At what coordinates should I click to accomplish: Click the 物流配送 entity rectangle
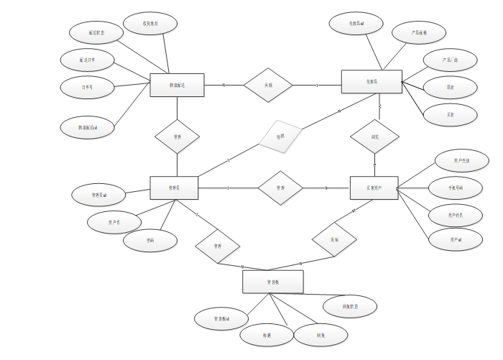[177, 85]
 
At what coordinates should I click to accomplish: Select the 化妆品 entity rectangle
[371, 81]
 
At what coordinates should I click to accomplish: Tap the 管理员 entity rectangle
[174, 188]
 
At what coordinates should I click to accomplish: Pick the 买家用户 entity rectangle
[374, 188]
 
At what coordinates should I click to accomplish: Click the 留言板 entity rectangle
[272, 282]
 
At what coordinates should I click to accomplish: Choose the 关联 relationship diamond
[268, 85]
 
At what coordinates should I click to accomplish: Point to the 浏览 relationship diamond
[374, 136]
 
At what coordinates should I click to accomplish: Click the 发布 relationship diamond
[334, 239]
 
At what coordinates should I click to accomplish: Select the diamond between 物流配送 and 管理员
[177, 136]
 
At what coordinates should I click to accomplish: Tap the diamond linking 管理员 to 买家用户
[280, 188]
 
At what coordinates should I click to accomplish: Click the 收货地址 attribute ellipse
[150, 24]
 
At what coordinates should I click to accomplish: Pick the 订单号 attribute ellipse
[87, 87]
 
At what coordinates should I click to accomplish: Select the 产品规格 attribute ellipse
[419, 33]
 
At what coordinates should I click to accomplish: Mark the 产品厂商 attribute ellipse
[450, 60]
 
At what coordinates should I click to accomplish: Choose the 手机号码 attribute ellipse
[456, 188]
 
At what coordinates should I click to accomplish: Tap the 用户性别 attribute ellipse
[462, 160]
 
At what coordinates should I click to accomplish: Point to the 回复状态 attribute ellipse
[349, 306]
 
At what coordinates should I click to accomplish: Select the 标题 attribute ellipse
[267, 334]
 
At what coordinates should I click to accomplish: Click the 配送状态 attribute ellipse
[96, 32]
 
